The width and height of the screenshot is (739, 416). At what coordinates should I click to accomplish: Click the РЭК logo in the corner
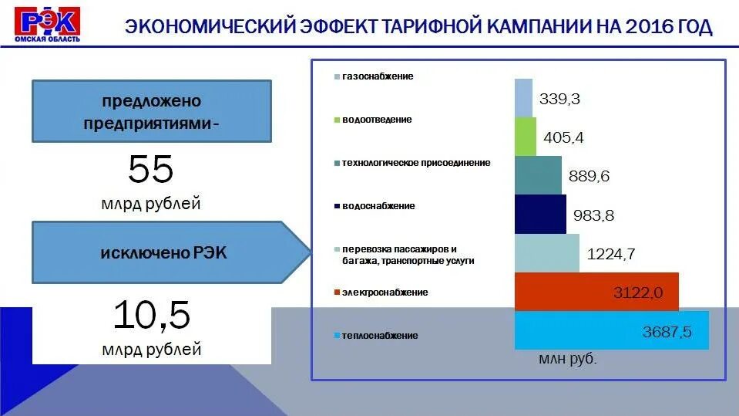point(48,24)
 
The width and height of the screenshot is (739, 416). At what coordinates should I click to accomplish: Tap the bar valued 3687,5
point(611,330)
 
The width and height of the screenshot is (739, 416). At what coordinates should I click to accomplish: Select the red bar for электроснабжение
point(596,291)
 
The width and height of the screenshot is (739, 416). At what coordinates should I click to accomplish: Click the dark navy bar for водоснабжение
point(540,215)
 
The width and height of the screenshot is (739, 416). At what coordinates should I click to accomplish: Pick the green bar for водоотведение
point(525,137)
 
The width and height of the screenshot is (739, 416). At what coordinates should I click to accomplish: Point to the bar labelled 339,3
point(523,98)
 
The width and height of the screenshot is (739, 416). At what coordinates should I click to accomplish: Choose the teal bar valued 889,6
point(538,175)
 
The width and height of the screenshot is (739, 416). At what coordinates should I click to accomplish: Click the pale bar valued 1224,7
point(546,253)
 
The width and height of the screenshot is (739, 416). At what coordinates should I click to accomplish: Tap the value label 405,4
point(563,138)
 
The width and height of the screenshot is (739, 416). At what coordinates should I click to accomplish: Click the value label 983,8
point(593,216)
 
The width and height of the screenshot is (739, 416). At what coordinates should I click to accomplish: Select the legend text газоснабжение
point(378,76)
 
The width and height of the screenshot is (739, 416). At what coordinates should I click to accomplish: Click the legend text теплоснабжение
point(380,336)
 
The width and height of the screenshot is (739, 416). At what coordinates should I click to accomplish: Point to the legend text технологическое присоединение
point(416,163)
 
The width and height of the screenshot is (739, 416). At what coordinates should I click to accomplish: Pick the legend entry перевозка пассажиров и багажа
point(405,255)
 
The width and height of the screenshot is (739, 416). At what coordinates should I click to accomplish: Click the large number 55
point(151,169)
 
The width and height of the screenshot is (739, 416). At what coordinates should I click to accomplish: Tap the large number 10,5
point(151,316)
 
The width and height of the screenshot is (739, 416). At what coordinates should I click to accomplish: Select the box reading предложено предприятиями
point(151,111)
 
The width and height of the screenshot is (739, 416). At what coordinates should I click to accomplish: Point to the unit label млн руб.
point(569,359)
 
